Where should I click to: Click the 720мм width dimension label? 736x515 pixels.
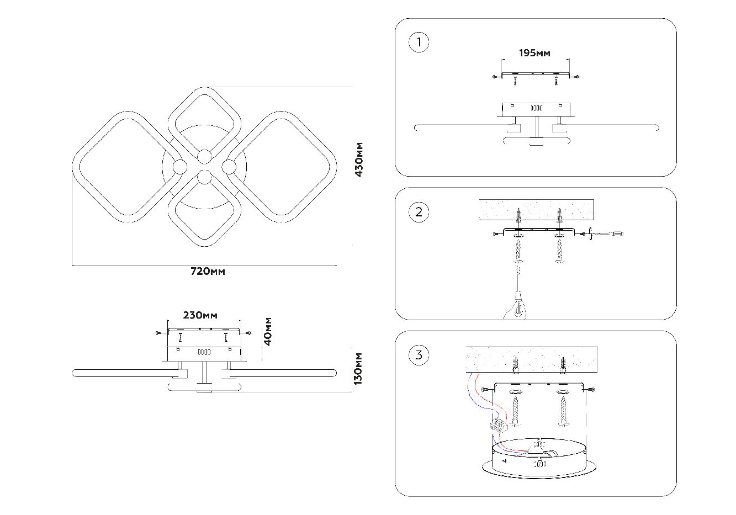[x=208, y=272]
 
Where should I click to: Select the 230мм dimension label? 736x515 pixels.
[x=200, y=315]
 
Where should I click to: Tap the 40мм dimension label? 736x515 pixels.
[x=268, y=331]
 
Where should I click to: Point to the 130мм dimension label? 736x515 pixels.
[x=359, y=368]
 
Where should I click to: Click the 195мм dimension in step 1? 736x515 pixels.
[x=534, y=53]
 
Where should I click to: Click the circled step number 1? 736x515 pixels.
[x=419, y=43]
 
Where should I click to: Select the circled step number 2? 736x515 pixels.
[x=419, y=212]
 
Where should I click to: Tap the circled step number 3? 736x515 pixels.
[x=419, y=355]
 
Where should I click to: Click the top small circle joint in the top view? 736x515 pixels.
[x=205, y=156]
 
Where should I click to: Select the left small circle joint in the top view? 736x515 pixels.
[x=180, y=166]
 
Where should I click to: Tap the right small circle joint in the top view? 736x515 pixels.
[x=229, y=166]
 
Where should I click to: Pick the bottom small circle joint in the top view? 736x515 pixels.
[x=205, y=177]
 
